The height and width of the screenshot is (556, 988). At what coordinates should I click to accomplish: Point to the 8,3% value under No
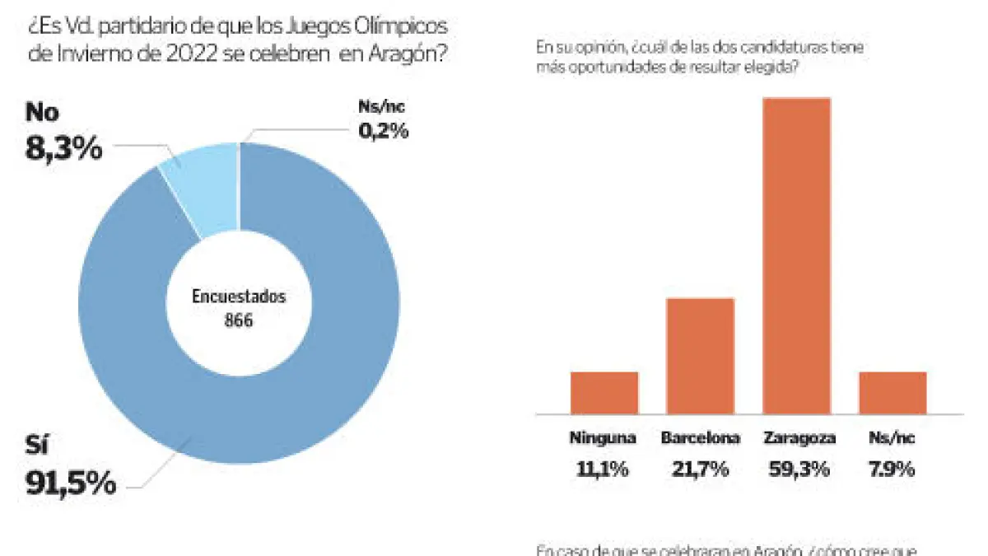pos(64,148)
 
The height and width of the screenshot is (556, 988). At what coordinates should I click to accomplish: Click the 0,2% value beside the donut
pos(383,130)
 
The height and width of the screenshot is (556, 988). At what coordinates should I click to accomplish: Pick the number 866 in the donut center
pos(239,320)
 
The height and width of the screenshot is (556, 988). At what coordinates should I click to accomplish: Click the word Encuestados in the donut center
pos(239,297)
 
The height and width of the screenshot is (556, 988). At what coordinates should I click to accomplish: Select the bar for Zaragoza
pos(796,255)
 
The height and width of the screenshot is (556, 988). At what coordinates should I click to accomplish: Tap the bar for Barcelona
pos(700,355)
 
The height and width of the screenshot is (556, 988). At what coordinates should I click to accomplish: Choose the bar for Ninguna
pos(604,392)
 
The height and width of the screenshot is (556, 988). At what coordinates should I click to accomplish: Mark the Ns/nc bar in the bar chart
pos(892,392)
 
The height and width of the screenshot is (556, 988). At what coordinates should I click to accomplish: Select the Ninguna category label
pos(604,439)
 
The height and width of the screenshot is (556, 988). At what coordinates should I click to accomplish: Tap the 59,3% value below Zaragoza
pos(796,470)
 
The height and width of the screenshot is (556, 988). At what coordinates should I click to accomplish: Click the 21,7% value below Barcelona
pos(701,470)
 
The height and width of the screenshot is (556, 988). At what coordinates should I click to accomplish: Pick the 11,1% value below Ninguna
pos(604,470)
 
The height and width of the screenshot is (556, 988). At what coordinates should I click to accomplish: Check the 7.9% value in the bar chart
pos(892,470)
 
